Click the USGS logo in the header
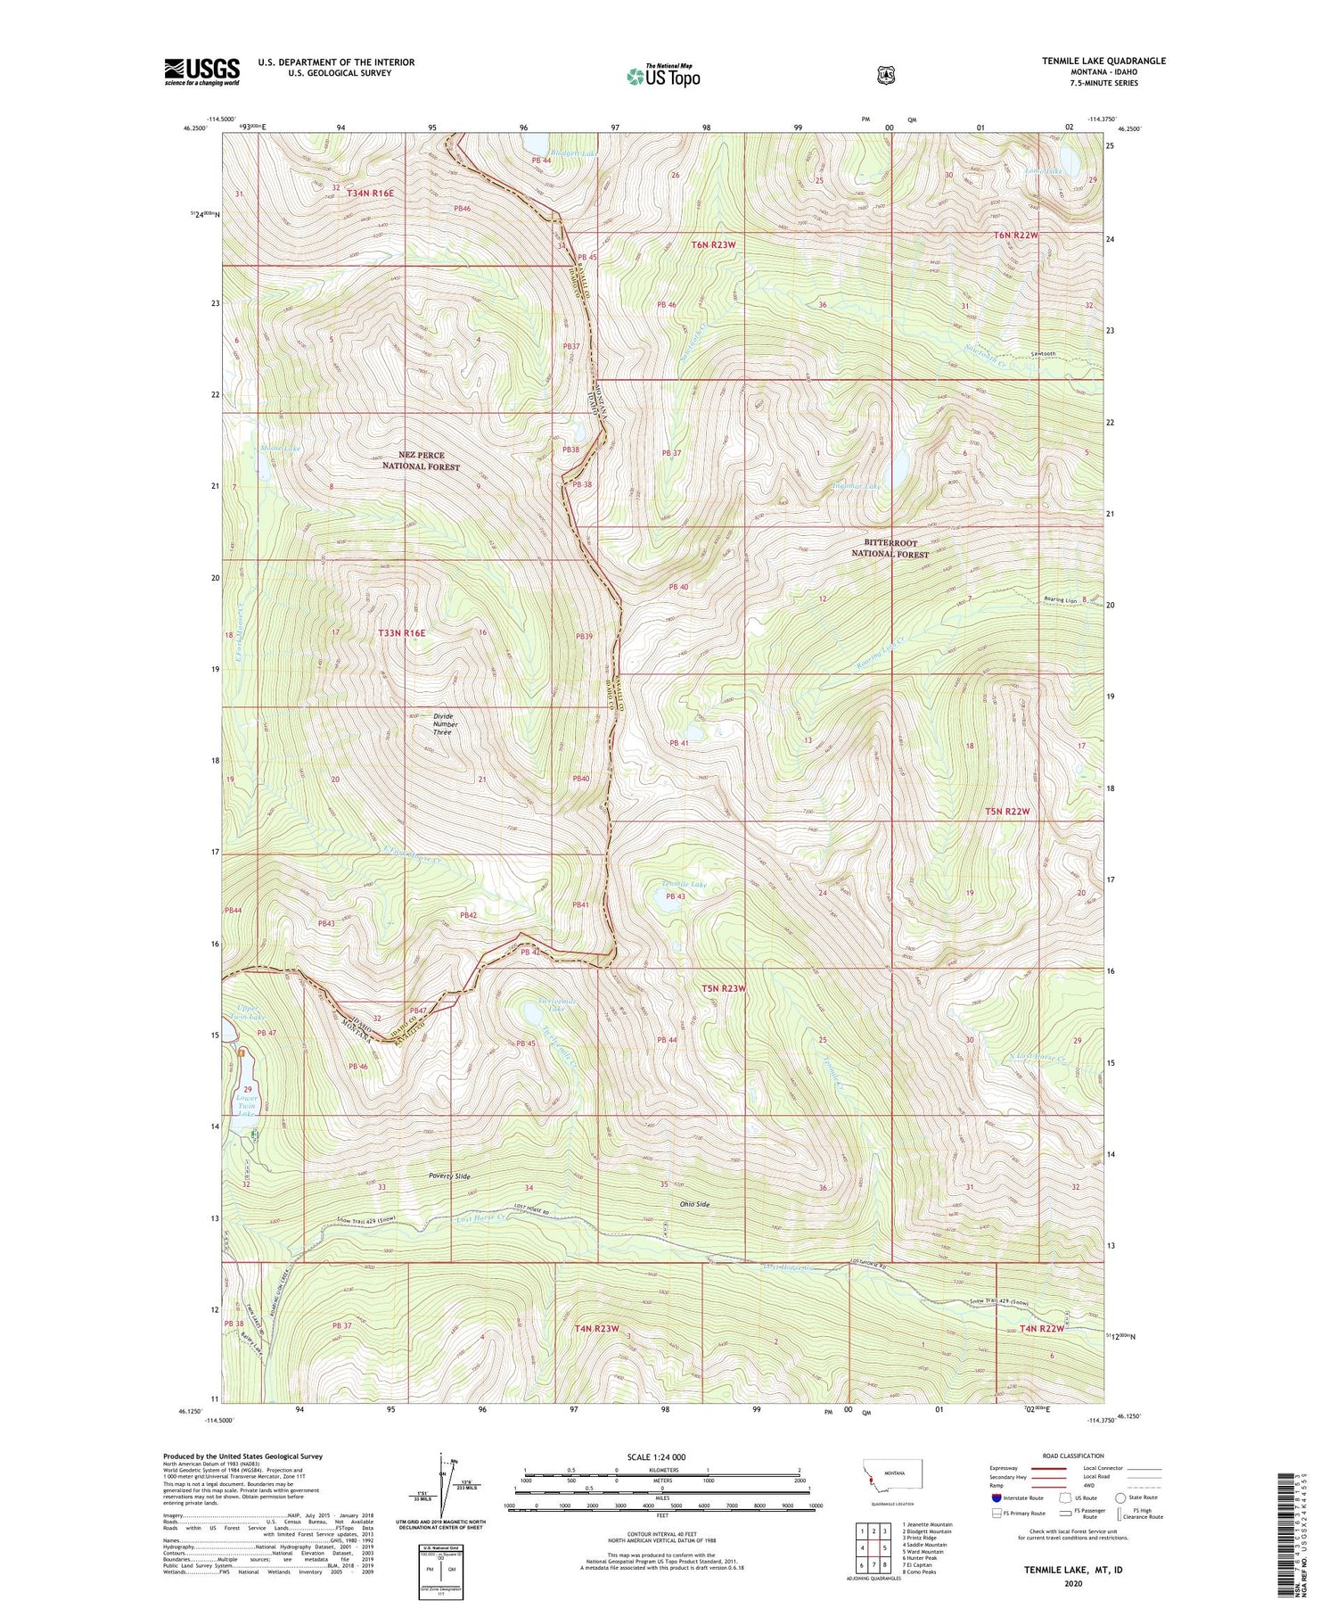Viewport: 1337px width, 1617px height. coord(202,71)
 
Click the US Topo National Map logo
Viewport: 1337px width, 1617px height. coord(663,76)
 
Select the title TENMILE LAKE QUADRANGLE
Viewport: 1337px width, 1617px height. coord(1103,61)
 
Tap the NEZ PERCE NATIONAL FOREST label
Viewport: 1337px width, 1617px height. coord(421,461)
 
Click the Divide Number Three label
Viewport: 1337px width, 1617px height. coord(445,723)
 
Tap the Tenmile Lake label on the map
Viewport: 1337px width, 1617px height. coord(684,885)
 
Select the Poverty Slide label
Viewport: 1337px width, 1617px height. coord(448,1176)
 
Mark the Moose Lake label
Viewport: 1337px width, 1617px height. coord(280,448)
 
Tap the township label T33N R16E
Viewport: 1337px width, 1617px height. coord(402,632)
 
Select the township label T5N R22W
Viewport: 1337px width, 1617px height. coord(1007,812)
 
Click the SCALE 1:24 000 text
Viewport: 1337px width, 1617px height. coord(661,1456)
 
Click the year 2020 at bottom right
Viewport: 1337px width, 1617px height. coord(1073,1584)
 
